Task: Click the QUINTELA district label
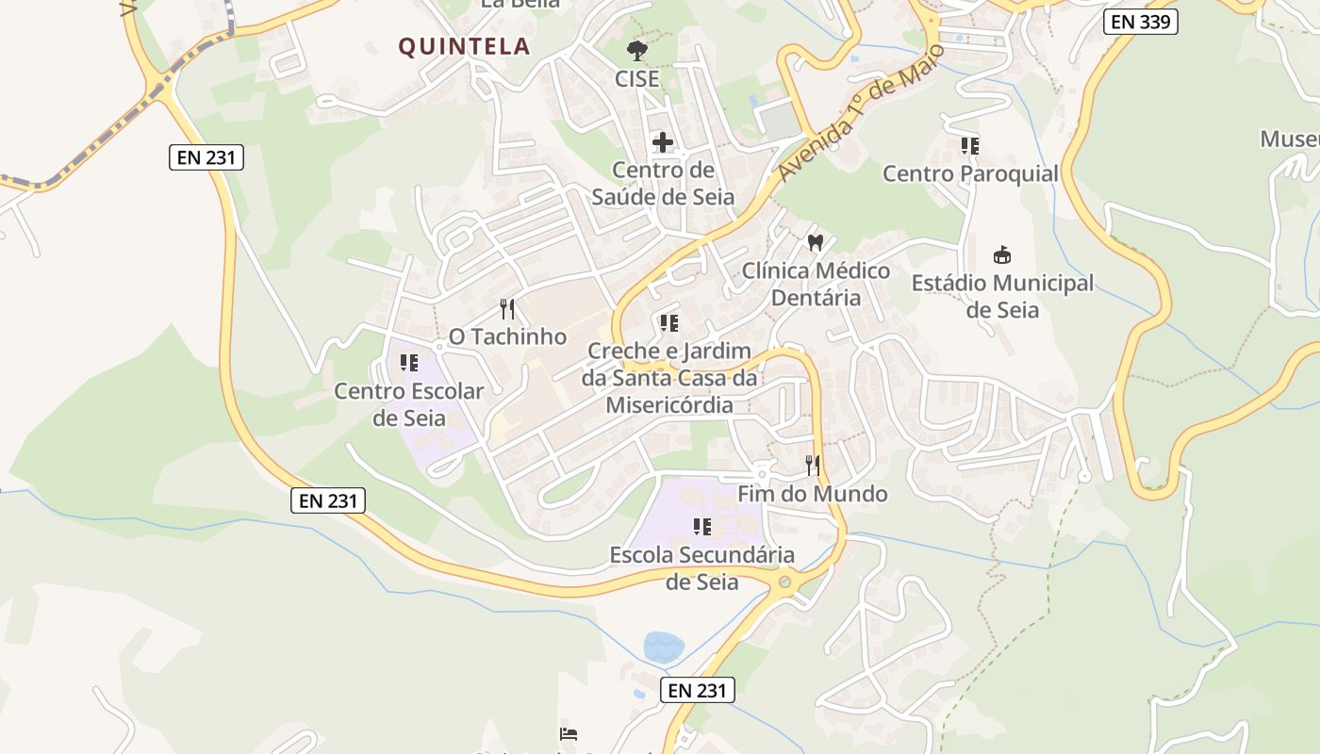[x=464, y=46]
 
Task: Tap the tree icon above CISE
[x=637, y=50]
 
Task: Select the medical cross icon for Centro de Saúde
[x=663, y=142]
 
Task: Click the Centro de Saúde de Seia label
[x=663, y=184]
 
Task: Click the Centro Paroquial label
[x=970, y=173]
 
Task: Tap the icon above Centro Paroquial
[x=970, y=146]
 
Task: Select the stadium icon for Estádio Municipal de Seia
[x=1001, y=254]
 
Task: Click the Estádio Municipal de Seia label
[x=1002, y=296]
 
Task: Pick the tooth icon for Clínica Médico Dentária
[x=816, y=242]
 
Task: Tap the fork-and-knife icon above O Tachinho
[x=507, y=308]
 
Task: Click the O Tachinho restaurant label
[x=507, y=336]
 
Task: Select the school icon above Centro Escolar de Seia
[x=409, y=362]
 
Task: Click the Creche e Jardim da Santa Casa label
[x=669, y=378]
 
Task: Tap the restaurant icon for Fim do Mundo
[x=812, y=465]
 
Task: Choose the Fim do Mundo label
[x=812, y=494]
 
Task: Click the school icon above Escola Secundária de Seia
[x=701, y=526]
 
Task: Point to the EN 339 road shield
[x=1141, y=22]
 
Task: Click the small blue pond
[x=664, y=647]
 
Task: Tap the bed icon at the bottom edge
[x=568, y=734]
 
